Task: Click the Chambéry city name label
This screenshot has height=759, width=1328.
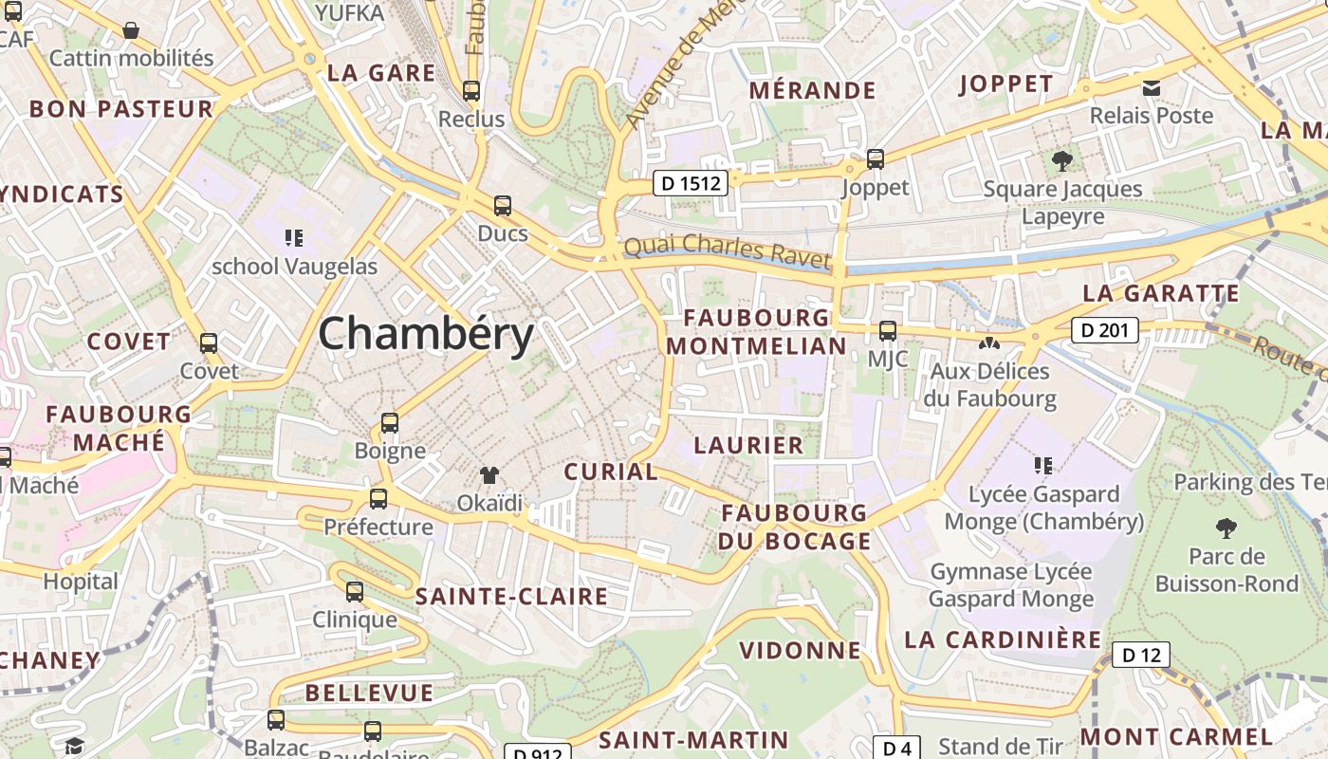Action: tap(426, 335)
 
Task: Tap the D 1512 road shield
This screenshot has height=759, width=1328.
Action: tap(691, 183)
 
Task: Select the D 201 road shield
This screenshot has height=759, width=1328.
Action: tap(1105, 330)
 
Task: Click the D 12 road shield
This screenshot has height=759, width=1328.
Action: tap(1141, 655)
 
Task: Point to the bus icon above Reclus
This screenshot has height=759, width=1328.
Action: tap(471, 91)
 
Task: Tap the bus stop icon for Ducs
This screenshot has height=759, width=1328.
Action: tap(503, 205)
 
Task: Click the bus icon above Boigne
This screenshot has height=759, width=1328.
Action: tap(390, 422)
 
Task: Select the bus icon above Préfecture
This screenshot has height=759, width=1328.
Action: tap(378, 498)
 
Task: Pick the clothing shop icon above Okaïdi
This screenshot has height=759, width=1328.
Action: tap(489, 475)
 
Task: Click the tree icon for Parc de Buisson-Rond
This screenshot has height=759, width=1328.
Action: tap(1227, 528)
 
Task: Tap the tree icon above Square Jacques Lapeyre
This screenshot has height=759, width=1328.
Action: tap(1062, 160)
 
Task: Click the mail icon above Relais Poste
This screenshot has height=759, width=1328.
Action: tap(1152, 88)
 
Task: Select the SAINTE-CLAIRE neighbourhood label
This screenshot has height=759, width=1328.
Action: tap(511, 597)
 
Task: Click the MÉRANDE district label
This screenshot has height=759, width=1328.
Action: tap(813, 90)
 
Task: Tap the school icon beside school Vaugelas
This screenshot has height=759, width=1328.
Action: tap(294, 237)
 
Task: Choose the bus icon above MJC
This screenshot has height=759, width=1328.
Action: tap(888, 330)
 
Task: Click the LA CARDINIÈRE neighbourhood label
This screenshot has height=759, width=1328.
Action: tap(1003, 639)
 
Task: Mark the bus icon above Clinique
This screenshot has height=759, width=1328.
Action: tap(355, 592)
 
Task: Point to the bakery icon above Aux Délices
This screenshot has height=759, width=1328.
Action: tap(990, 342)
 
